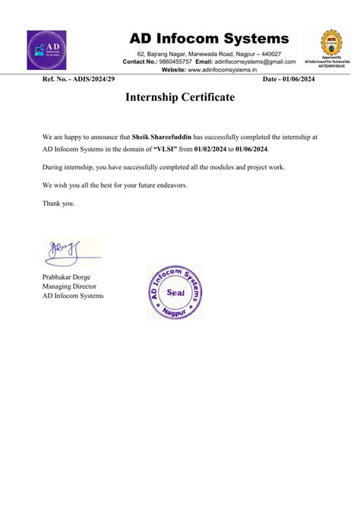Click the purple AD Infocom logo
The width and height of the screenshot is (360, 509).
(46, 50)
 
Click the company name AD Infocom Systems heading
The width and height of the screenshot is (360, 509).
(209, 38)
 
